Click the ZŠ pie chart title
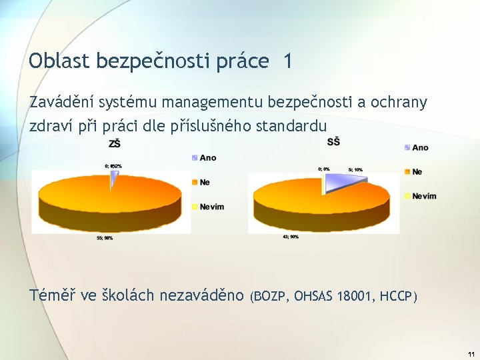[x=115, y=143]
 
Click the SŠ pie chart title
[x=334, y=141]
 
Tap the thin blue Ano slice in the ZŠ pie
[x=114, y=177]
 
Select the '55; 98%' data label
[x=105, y=238]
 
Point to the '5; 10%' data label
[x=355, y=169]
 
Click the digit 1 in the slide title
[x=287, y=61]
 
